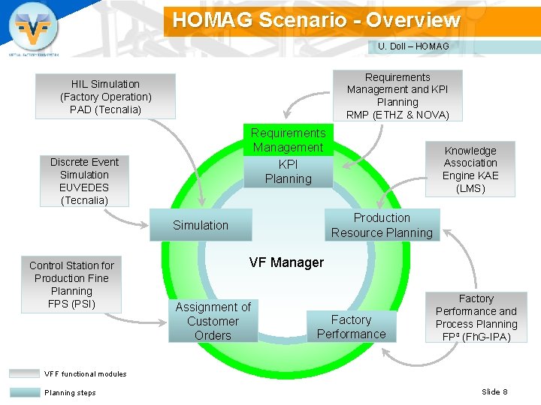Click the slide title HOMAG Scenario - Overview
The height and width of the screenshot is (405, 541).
(316, 20)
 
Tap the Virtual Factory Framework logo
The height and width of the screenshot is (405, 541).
(32, 28)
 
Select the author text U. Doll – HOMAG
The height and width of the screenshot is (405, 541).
(413, 46)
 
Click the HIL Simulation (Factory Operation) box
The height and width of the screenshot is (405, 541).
(105, 97)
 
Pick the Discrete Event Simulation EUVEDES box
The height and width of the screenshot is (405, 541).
(84, 181)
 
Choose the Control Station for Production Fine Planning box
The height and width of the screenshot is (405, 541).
(71, 284)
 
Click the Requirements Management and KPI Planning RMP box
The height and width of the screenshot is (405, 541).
(397, 96)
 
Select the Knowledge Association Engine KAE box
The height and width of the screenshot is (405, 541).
(470, 169)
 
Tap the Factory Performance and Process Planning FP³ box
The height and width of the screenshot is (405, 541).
(476, 318)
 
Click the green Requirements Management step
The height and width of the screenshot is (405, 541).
(287, 140)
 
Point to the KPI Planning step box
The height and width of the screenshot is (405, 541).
(287, 172)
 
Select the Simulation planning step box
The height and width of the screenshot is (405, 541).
(200, 225)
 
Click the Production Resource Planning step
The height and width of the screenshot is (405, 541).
(382, 225)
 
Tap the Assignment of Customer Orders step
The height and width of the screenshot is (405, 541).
(213, 321)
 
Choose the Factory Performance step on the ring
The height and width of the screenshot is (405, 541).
(351, 327)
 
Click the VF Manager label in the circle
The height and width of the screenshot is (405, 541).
(286, 262)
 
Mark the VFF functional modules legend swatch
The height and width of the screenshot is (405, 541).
(25, 373)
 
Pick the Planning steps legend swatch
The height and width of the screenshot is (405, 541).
(25, 392)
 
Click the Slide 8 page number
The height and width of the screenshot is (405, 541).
(494, 391)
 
